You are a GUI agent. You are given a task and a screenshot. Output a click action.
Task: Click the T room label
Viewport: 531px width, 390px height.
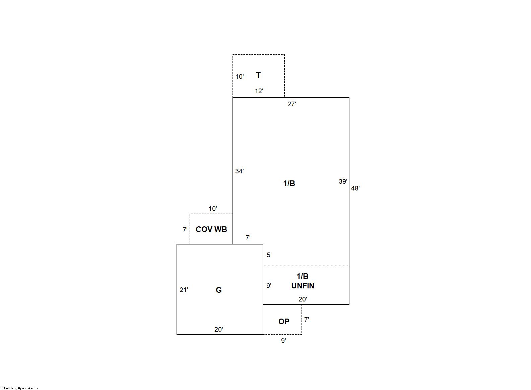tap(258, 75)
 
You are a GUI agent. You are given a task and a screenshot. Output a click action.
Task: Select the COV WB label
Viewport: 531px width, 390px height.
tap(211, 229)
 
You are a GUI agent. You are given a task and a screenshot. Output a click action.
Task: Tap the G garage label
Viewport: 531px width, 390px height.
tap(218, 290)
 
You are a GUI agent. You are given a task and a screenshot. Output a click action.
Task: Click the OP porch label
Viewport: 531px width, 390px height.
tap(284, 322)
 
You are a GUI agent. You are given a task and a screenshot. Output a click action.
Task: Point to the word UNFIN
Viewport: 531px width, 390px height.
tap(303, 286)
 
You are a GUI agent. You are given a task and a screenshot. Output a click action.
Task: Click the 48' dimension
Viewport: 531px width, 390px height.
tap(355, 188)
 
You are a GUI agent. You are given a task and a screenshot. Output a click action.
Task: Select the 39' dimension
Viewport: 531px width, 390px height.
tap(343, 181)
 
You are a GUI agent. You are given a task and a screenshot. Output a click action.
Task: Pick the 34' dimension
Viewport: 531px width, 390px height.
tap(240, 171)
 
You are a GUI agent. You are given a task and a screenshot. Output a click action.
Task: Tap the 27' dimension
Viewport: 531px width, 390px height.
tap(291, 104)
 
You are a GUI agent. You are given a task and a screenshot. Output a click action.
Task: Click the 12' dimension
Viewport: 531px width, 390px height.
tap(259, 91)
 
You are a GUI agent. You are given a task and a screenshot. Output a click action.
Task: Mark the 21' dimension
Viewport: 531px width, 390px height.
tap(184, 290)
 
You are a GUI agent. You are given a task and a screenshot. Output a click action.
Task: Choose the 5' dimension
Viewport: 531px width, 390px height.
tap(269, 255)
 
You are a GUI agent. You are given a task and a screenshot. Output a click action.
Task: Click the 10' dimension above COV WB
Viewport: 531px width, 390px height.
tap(213, 209)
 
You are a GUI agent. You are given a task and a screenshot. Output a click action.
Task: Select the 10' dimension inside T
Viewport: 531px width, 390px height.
tap(240, 76)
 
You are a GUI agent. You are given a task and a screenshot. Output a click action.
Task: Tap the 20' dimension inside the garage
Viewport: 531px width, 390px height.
tap(218, 329)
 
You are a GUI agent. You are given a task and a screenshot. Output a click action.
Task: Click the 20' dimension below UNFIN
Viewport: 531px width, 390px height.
tap(303, 299)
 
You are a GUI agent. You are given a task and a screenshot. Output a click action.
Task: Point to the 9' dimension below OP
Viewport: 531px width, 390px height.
tap(283, 341)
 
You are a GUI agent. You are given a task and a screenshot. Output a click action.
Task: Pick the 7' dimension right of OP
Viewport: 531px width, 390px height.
tap(307, 320)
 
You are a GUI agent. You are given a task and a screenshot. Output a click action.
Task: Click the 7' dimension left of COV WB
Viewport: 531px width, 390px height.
tap(185, 230)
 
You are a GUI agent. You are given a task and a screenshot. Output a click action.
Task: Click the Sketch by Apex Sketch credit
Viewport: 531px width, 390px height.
tap(20, 388)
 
